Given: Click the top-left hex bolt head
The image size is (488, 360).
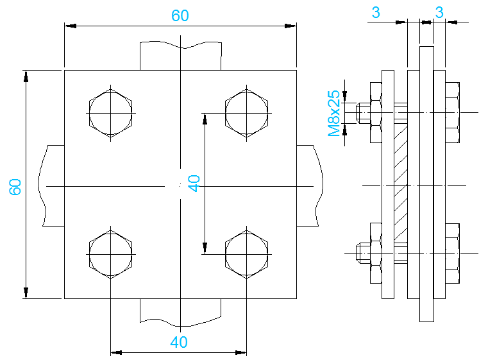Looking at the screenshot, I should (111, 114).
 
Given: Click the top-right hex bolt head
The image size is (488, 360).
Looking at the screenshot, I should (248, 114).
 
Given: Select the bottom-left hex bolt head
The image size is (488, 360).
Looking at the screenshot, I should (111, 253).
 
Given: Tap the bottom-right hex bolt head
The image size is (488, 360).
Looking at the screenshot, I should (248, 253).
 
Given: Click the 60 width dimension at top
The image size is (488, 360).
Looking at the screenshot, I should (180, 16).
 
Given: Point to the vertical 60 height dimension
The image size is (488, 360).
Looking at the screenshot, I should (16, 186).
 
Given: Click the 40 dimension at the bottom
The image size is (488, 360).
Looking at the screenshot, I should (179, 343).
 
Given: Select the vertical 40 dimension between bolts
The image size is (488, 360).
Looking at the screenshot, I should (195, 184).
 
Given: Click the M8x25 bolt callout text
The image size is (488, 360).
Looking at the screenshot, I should (333, 114).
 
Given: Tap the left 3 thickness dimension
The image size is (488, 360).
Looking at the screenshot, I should (376, 12).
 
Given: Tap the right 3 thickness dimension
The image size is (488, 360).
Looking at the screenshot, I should (439, 12).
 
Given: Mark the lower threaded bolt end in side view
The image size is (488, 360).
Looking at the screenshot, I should (362, 253).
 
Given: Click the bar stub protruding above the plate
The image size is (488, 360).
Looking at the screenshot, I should (181, 56).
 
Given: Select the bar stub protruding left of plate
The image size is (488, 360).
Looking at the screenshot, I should (54, 186).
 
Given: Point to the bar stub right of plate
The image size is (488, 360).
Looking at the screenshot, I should (308, 186).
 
